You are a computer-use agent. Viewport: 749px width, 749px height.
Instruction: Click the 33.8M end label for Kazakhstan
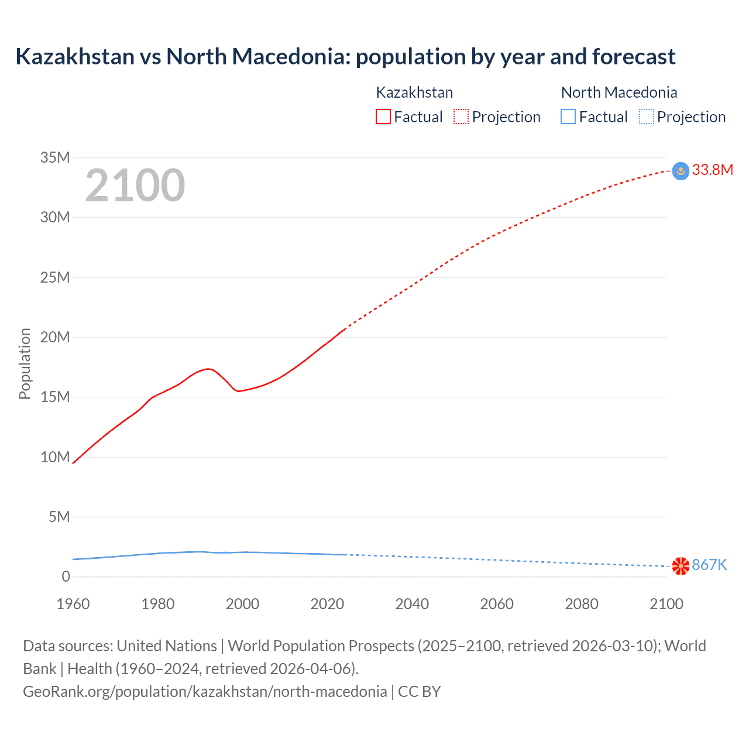coord(712,170)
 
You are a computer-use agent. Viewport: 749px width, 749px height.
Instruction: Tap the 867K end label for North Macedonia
coord(709,565)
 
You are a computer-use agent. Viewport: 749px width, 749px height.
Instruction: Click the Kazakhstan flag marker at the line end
coord(681,171)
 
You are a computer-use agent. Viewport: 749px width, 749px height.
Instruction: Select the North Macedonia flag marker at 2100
coord(681,566)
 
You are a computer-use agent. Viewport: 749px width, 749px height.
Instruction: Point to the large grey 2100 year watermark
coord(135,185)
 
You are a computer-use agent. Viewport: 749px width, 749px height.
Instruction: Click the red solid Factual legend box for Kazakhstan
coord(383,117)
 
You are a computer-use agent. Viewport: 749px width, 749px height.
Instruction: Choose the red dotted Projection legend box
coord(461,117)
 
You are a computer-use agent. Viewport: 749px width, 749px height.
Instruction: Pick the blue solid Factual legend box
coord(568,117)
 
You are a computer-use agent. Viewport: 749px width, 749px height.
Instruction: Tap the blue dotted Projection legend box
coord(647,117)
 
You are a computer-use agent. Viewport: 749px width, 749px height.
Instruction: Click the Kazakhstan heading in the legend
coord(414,92)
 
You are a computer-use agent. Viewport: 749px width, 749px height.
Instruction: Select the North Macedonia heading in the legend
coord(619,92)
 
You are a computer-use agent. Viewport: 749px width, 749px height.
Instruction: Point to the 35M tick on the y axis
coord(55,157)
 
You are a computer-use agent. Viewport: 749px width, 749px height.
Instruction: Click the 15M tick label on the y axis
coord(55,397)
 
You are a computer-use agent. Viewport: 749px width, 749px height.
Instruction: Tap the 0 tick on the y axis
coord(66,576)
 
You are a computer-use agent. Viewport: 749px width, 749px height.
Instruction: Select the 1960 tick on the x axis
coord(73,604)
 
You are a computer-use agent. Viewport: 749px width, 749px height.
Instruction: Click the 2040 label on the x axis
coord(412,604)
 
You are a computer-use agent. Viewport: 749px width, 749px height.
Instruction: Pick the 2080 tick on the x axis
coord(582,604)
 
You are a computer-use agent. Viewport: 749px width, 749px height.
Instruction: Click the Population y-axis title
coord(25,363)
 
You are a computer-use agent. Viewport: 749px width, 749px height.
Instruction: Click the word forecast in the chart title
coord(634,57)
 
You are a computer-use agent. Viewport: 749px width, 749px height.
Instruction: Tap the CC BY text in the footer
coord(420,692)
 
